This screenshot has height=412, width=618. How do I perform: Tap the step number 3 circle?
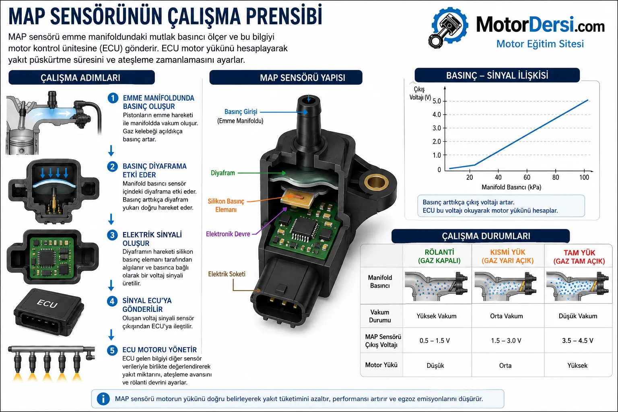pos(112,235)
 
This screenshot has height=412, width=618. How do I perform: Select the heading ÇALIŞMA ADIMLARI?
pos(80,78)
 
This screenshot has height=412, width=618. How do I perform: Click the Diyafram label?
pos(222,173)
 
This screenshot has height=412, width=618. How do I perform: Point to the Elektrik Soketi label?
pos(227,274)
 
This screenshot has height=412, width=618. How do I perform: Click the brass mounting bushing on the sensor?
pos(376,182)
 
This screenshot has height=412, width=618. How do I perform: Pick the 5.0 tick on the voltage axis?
pos(437,101)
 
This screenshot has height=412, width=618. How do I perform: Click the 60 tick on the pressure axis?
pos(527,177)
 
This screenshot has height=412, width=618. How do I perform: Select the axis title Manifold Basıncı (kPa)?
pos(511,187)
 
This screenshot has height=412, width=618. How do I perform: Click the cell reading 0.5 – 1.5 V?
pos(435,340)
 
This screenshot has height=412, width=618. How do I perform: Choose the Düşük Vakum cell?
pos(578,316)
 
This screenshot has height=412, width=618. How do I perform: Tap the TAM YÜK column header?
pos(579,257)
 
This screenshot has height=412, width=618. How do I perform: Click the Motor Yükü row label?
pos(381,365)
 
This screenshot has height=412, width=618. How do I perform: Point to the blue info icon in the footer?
pos(103,399)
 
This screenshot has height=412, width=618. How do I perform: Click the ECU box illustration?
pos(49,312)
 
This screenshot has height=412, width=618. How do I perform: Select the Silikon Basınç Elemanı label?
pos(226,205)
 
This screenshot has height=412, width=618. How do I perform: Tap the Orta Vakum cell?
pos(506,316)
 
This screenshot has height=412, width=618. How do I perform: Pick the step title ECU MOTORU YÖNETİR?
pos(159,350)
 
